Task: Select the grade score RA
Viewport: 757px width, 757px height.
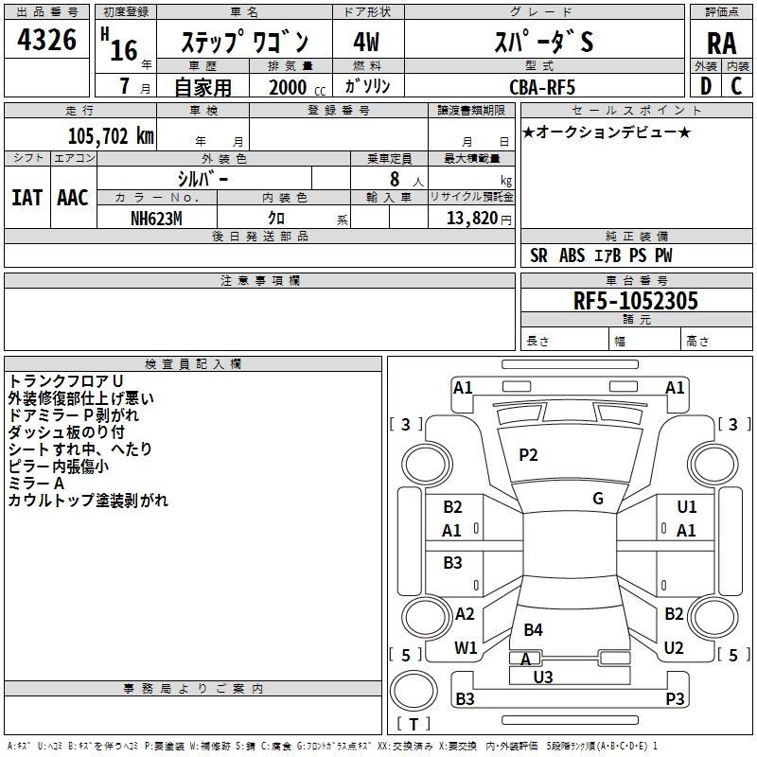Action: (x=721, y=44)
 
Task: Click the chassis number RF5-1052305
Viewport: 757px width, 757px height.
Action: (x=636, y=301)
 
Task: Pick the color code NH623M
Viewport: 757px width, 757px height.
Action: (x=156, y=218)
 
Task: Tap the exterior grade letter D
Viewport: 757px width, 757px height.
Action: (x=705, y=86)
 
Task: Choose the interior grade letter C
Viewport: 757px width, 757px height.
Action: (x=736, y=86)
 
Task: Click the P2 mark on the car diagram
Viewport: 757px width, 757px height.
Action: (x=528, y=455)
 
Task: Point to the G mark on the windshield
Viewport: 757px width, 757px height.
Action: (x=598, y=499)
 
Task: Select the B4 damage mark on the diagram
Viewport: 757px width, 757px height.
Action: (x=534, y=629)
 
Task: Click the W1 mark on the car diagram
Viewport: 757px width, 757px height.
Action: (x=465, y=648)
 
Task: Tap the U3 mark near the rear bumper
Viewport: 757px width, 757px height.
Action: (x=543, y=677)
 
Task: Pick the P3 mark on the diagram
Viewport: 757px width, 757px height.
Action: (x=675, y=699)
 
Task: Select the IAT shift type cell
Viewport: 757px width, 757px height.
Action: (x=26, y=198)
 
